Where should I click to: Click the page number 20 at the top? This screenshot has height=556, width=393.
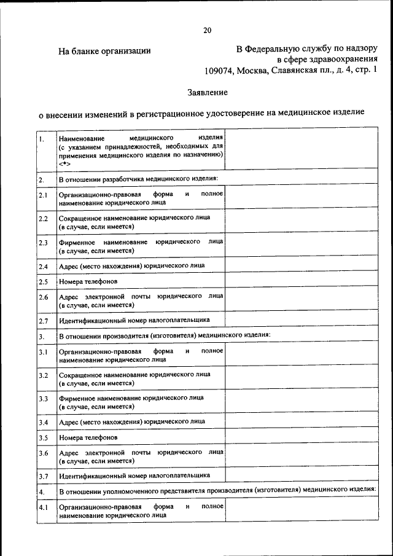click(207, 30)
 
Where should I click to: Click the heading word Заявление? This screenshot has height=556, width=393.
click(208, 93)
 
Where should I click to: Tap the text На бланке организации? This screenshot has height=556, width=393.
click(104, 51)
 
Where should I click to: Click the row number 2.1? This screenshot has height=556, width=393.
click(43, 196)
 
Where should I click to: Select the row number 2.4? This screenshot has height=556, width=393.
click(43, 267)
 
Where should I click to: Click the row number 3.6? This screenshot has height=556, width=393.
click(43, 453)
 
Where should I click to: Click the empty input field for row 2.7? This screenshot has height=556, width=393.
click(300, 320)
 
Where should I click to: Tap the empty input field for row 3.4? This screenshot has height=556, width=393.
click(300, 422)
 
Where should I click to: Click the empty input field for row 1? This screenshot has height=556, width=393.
click(300, 149)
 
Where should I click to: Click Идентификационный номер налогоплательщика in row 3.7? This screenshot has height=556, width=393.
click(134, 476)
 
